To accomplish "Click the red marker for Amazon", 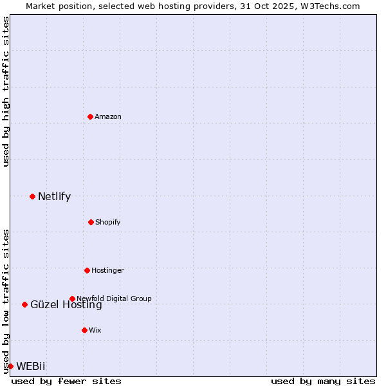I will click(x=91, y=116).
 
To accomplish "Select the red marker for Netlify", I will click(x=32, y=196).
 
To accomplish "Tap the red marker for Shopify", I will click(x=91, y=222).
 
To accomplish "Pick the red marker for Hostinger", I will click(x=87, y=270).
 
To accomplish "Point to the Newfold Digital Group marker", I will click(x=72, y=299).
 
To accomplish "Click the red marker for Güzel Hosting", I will click(x=24, y=304).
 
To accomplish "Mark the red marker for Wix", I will click(x=84, y=330).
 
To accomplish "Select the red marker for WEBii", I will click(x=10, y=366).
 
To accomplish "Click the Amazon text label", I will click(x=108, y=116).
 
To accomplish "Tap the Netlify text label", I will click(x=54, y=196).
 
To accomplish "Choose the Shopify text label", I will click(x=108, y=222).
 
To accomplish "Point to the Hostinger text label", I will click(x=107, y=270).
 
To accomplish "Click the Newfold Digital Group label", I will click(x=114, y=299).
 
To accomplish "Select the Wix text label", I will click(x=95, y=330).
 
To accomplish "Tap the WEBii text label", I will click(x=31, y=366).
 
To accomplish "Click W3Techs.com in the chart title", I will click(x=328, y=6).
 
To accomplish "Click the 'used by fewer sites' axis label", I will click(x=66, y=381).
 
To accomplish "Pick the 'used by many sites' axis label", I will click(x=323, y=381).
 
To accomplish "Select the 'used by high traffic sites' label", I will click(x=6, y=91).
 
